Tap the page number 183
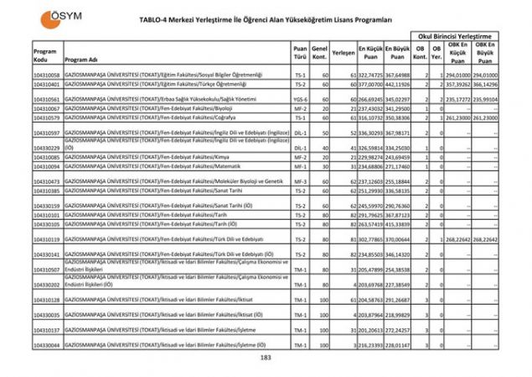[266, 359]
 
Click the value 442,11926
[398, 85]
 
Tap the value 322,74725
[370, 76]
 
